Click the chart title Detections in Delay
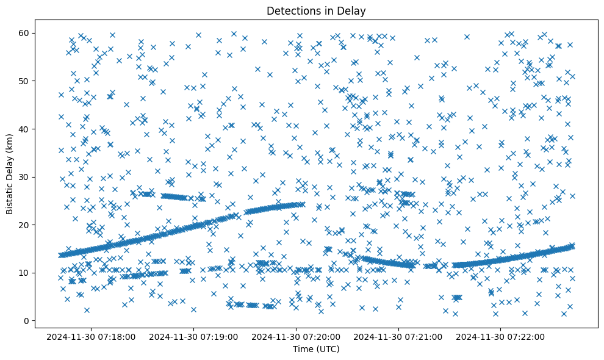pyautogui.click(x=316, y=11)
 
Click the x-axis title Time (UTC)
pyautogui.click(x=316, y=349)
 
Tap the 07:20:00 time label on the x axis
pyautogui.click(x=297, y=336)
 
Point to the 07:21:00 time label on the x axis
pyautogui.click(x=399, y=336)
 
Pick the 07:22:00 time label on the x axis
pyautogui.click(x=502, y=336)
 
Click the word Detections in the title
pyautogui.click(x=290, y=11)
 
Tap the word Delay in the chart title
pyautogui.click(x=353, y=11)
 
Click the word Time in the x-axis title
pyautogui.click(x=303, y=349)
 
